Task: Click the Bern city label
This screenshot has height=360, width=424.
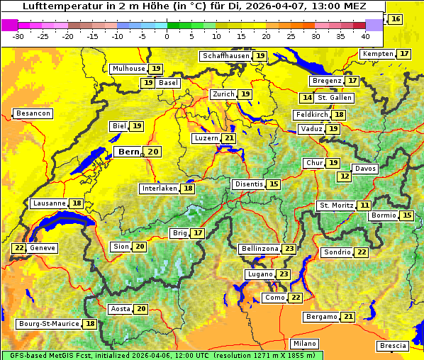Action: (129, 152)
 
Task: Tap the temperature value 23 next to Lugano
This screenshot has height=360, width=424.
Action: (284, 274)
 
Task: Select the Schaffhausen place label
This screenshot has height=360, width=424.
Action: (225, 55)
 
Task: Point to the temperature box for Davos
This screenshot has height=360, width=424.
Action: (345, 176)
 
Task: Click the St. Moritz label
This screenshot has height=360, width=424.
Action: (335, 206)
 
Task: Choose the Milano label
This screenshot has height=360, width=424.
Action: (306, 343)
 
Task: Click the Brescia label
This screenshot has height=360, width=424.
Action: (393, 346)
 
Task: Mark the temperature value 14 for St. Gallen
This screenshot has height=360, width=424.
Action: (307, 98)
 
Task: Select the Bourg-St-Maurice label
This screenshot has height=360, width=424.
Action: (49, 324)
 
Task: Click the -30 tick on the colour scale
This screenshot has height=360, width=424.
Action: (18, 35)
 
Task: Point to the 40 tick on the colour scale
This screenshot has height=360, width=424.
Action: (365, 35)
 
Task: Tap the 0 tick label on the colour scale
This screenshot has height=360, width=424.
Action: (167, 35)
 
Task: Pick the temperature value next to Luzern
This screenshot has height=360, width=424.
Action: (228, 138)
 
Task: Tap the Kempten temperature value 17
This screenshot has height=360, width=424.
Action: (404, 54)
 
